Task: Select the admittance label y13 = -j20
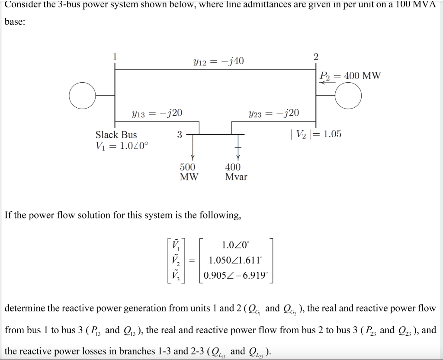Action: tap(157, 113)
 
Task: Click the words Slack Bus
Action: tap(116, 135)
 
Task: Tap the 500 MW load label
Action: tap(188, 172)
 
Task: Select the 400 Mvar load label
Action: tap(236, 172)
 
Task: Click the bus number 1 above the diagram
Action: tap(115, 56)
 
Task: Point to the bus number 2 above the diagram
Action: tap(315, 56)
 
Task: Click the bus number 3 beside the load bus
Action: tap(179, 135)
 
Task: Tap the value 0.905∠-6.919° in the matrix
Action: tap(236, 275)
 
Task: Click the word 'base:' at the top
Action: tap(15, 22)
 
